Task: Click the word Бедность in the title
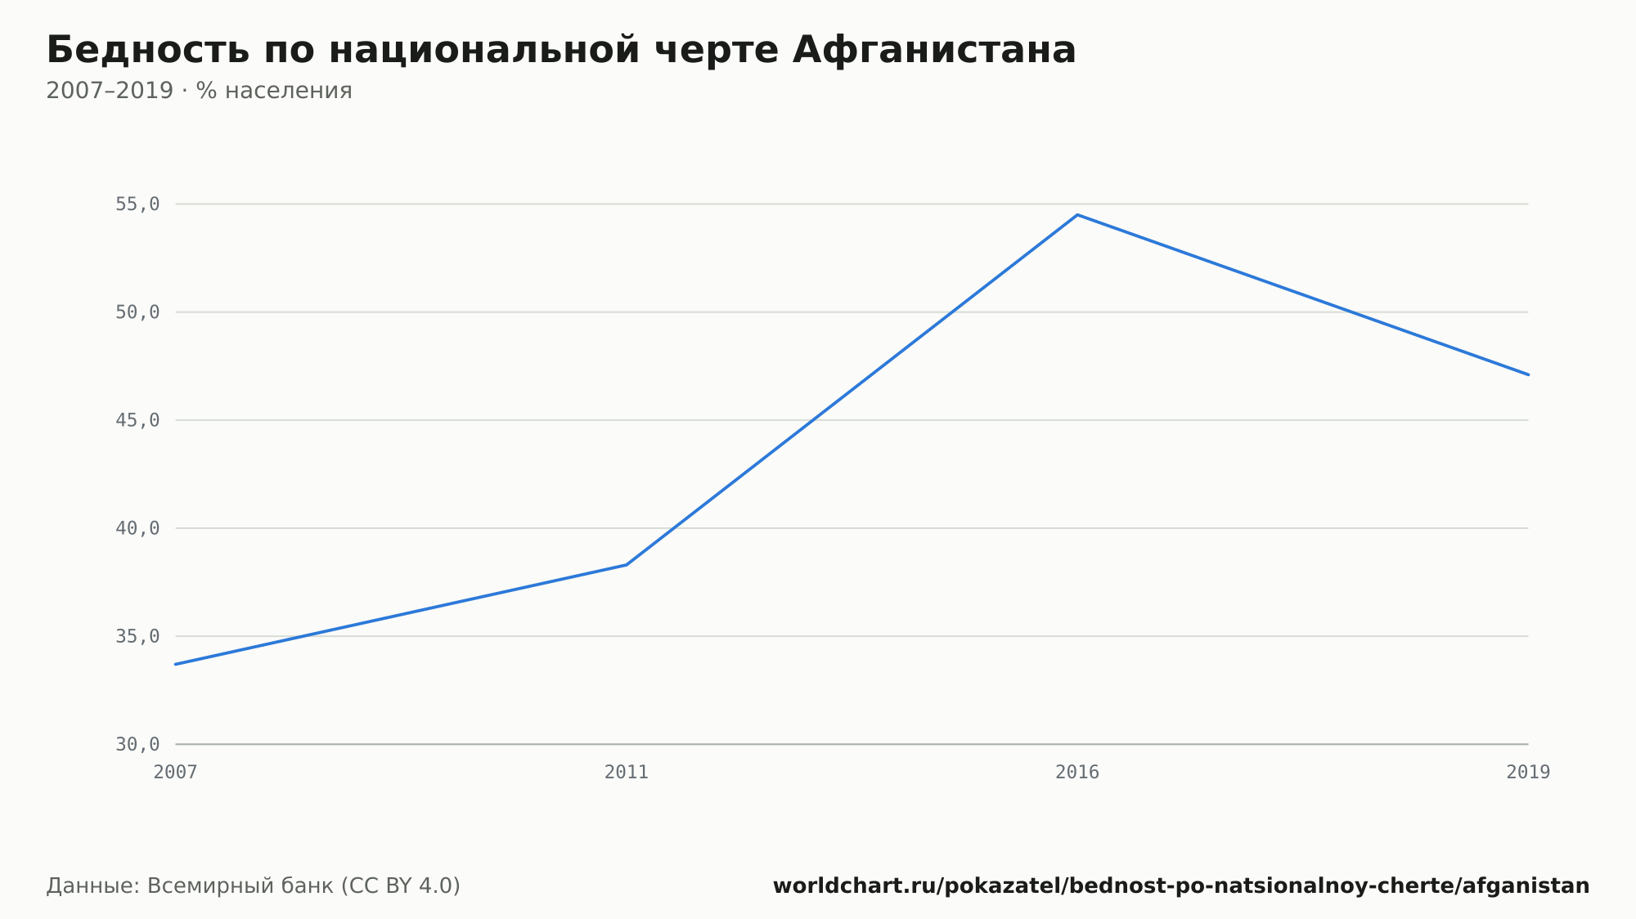[x=147, y=50]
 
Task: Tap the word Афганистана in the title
[x=934, y=50]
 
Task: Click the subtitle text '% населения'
[x=274, y=91]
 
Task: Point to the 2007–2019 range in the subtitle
[x=110, y=91]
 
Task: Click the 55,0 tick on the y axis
[x=137, y=204]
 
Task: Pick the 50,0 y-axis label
[x=137, y=312]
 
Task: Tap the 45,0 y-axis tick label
[x=137, y=420]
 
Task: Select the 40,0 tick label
[x=137, y=528]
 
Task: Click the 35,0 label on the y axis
[x=137, y=636]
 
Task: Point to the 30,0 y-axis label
[x=137, y=744]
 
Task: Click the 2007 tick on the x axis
[x=176, y=773]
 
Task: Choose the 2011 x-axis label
[x=627, y=773]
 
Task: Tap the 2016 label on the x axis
[x=1077, y=773]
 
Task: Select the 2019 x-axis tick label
[x=1528, y=773]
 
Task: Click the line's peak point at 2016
[x=1077, y=215]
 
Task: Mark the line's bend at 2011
[x=627, y=565]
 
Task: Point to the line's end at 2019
[x=1528, y=374]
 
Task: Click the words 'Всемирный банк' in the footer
[x=240, y=886]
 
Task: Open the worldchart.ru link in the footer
[x=1181, y=886]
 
